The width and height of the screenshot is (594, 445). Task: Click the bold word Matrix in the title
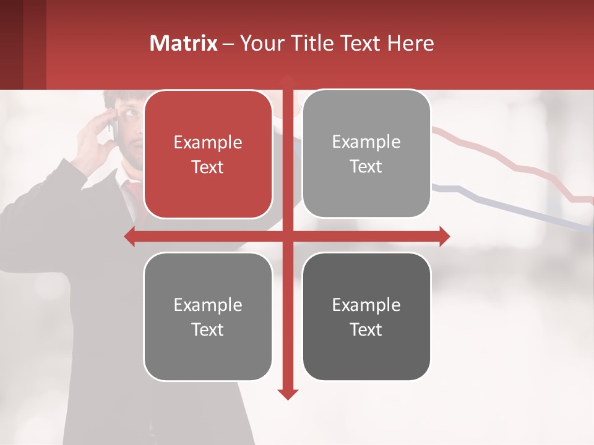click(184, 43)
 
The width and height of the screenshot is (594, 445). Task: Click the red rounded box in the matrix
click(208, 155)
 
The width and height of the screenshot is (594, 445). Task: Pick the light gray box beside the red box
click(366, 154)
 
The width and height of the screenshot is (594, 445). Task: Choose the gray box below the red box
click(208, 316)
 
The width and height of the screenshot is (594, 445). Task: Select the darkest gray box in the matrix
click(366, 316)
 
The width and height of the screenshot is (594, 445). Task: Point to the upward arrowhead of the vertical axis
click(288, 80)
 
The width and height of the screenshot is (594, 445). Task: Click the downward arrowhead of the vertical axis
click(288, 394)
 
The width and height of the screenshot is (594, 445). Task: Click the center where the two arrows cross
click(288, 236)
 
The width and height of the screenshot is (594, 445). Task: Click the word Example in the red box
click(208, 142)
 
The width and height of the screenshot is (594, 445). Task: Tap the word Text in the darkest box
click(366, 329)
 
